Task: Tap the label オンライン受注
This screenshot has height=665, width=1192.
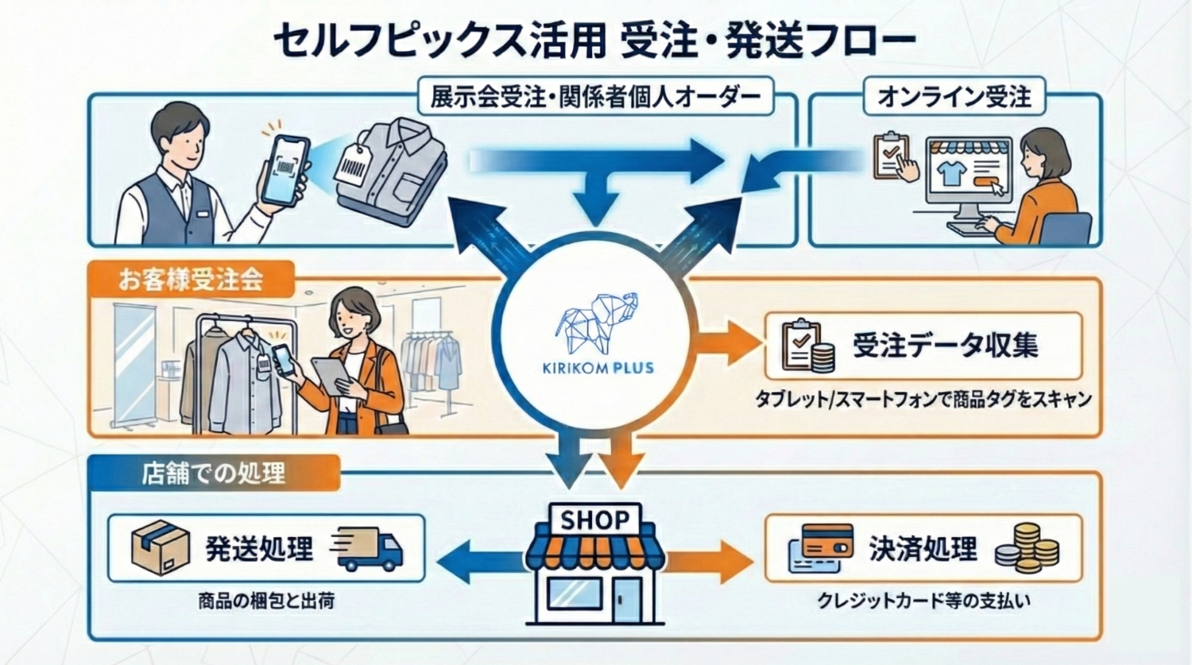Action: pos(954,97)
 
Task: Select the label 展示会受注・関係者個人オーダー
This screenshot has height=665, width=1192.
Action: pos(595,97)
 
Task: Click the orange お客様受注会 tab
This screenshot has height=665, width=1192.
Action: pos(191,280)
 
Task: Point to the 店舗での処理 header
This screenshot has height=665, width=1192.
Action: pos(213,473)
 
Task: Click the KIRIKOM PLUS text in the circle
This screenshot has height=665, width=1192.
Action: pos(598,368)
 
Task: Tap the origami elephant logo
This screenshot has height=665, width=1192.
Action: pos(598,323)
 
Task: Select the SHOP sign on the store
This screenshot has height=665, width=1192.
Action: pos(594,520)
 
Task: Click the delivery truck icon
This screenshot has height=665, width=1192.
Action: pos(368,549)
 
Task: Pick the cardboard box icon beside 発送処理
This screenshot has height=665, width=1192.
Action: pos(160,547)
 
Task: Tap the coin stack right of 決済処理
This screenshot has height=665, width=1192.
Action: pos(1028,548)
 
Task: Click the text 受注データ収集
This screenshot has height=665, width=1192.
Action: pos(945,346)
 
